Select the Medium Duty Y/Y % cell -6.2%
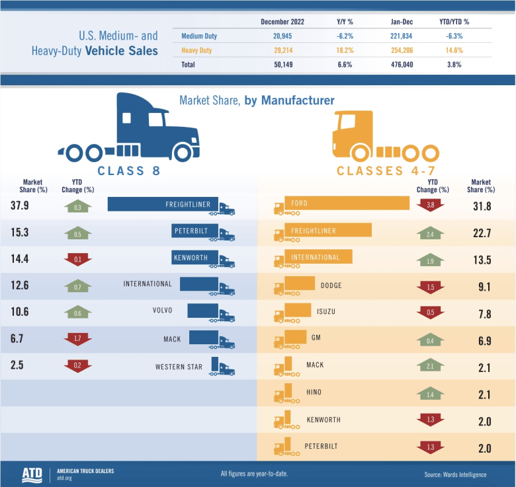[x=345, y=36]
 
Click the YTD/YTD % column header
[x=454, y=22]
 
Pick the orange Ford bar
[x=347, y=204]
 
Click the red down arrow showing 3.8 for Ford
[x=430, y=206]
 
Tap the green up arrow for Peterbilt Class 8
[x=78, y=233]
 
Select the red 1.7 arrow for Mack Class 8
[x=78, y=339]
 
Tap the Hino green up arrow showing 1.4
[x=430, y=394]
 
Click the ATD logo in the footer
[x=31, y=474]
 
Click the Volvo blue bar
[x=202, y=311]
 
